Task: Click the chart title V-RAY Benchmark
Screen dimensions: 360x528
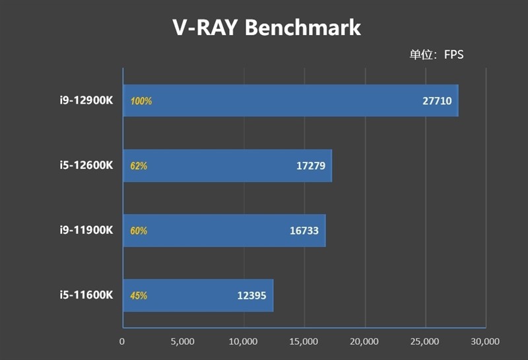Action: (x=267, y=28)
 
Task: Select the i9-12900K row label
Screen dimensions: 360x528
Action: (x=85, y=101)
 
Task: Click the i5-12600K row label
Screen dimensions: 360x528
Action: (x=85, y=166)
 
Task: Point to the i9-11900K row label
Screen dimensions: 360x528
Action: (x=85, y=231)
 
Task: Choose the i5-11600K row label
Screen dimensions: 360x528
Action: (x=85, y=295)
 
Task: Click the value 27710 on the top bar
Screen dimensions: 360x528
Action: (x=436, y=101)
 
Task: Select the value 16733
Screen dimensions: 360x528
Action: (x=304, y=231)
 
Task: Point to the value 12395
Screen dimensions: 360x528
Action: (x=251, y=295)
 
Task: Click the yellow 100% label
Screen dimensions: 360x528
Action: (x=141, y=102)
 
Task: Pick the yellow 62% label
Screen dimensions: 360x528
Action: (x=139, y=166)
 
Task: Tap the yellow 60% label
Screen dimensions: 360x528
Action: (x=139, y=231)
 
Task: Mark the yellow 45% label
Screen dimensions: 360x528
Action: (x=139, y=296)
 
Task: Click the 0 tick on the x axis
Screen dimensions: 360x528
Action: (x=122, y=342)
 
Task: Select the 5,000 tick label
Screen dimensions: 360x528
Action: (x=182, y=342)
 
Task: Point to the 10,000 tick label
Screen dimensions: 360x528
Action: (x=244, y=342)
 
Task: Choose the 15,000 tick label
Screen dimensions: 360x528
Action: (x=304, y=342)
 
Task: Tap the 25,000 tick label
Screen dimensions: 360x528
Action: (x=425, y=342)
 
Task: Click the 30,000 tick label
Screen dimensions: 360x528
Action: (x=486, y=342)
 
